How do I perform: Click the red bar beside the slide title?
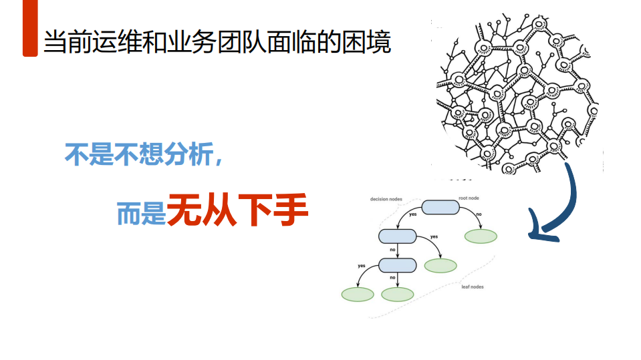coord(30,29)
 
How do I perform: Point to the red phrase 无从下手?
coord(238,210)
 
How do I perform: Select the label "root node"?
coord(469,198)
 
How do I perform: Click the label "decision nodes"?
coord(386,199)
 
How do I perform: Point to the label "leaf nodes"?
coord(472,287)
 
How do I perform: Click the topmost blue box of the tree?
coord(440,207)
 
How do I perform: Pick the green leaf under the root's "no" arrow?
coord(481,236)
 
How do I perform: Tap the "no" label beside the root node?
coord(479,214)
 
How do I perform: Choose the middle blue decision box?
coord(397,236)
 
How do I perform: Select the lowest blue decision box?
coord(397,265)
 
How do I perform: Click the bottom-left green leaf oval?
coord(358,294)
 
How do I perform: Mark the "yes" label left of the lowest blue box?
coord(362,266)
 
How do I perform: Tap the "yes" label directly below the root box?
coord(413,214)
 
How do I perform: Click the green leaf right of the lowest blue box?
coord(440,266)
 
